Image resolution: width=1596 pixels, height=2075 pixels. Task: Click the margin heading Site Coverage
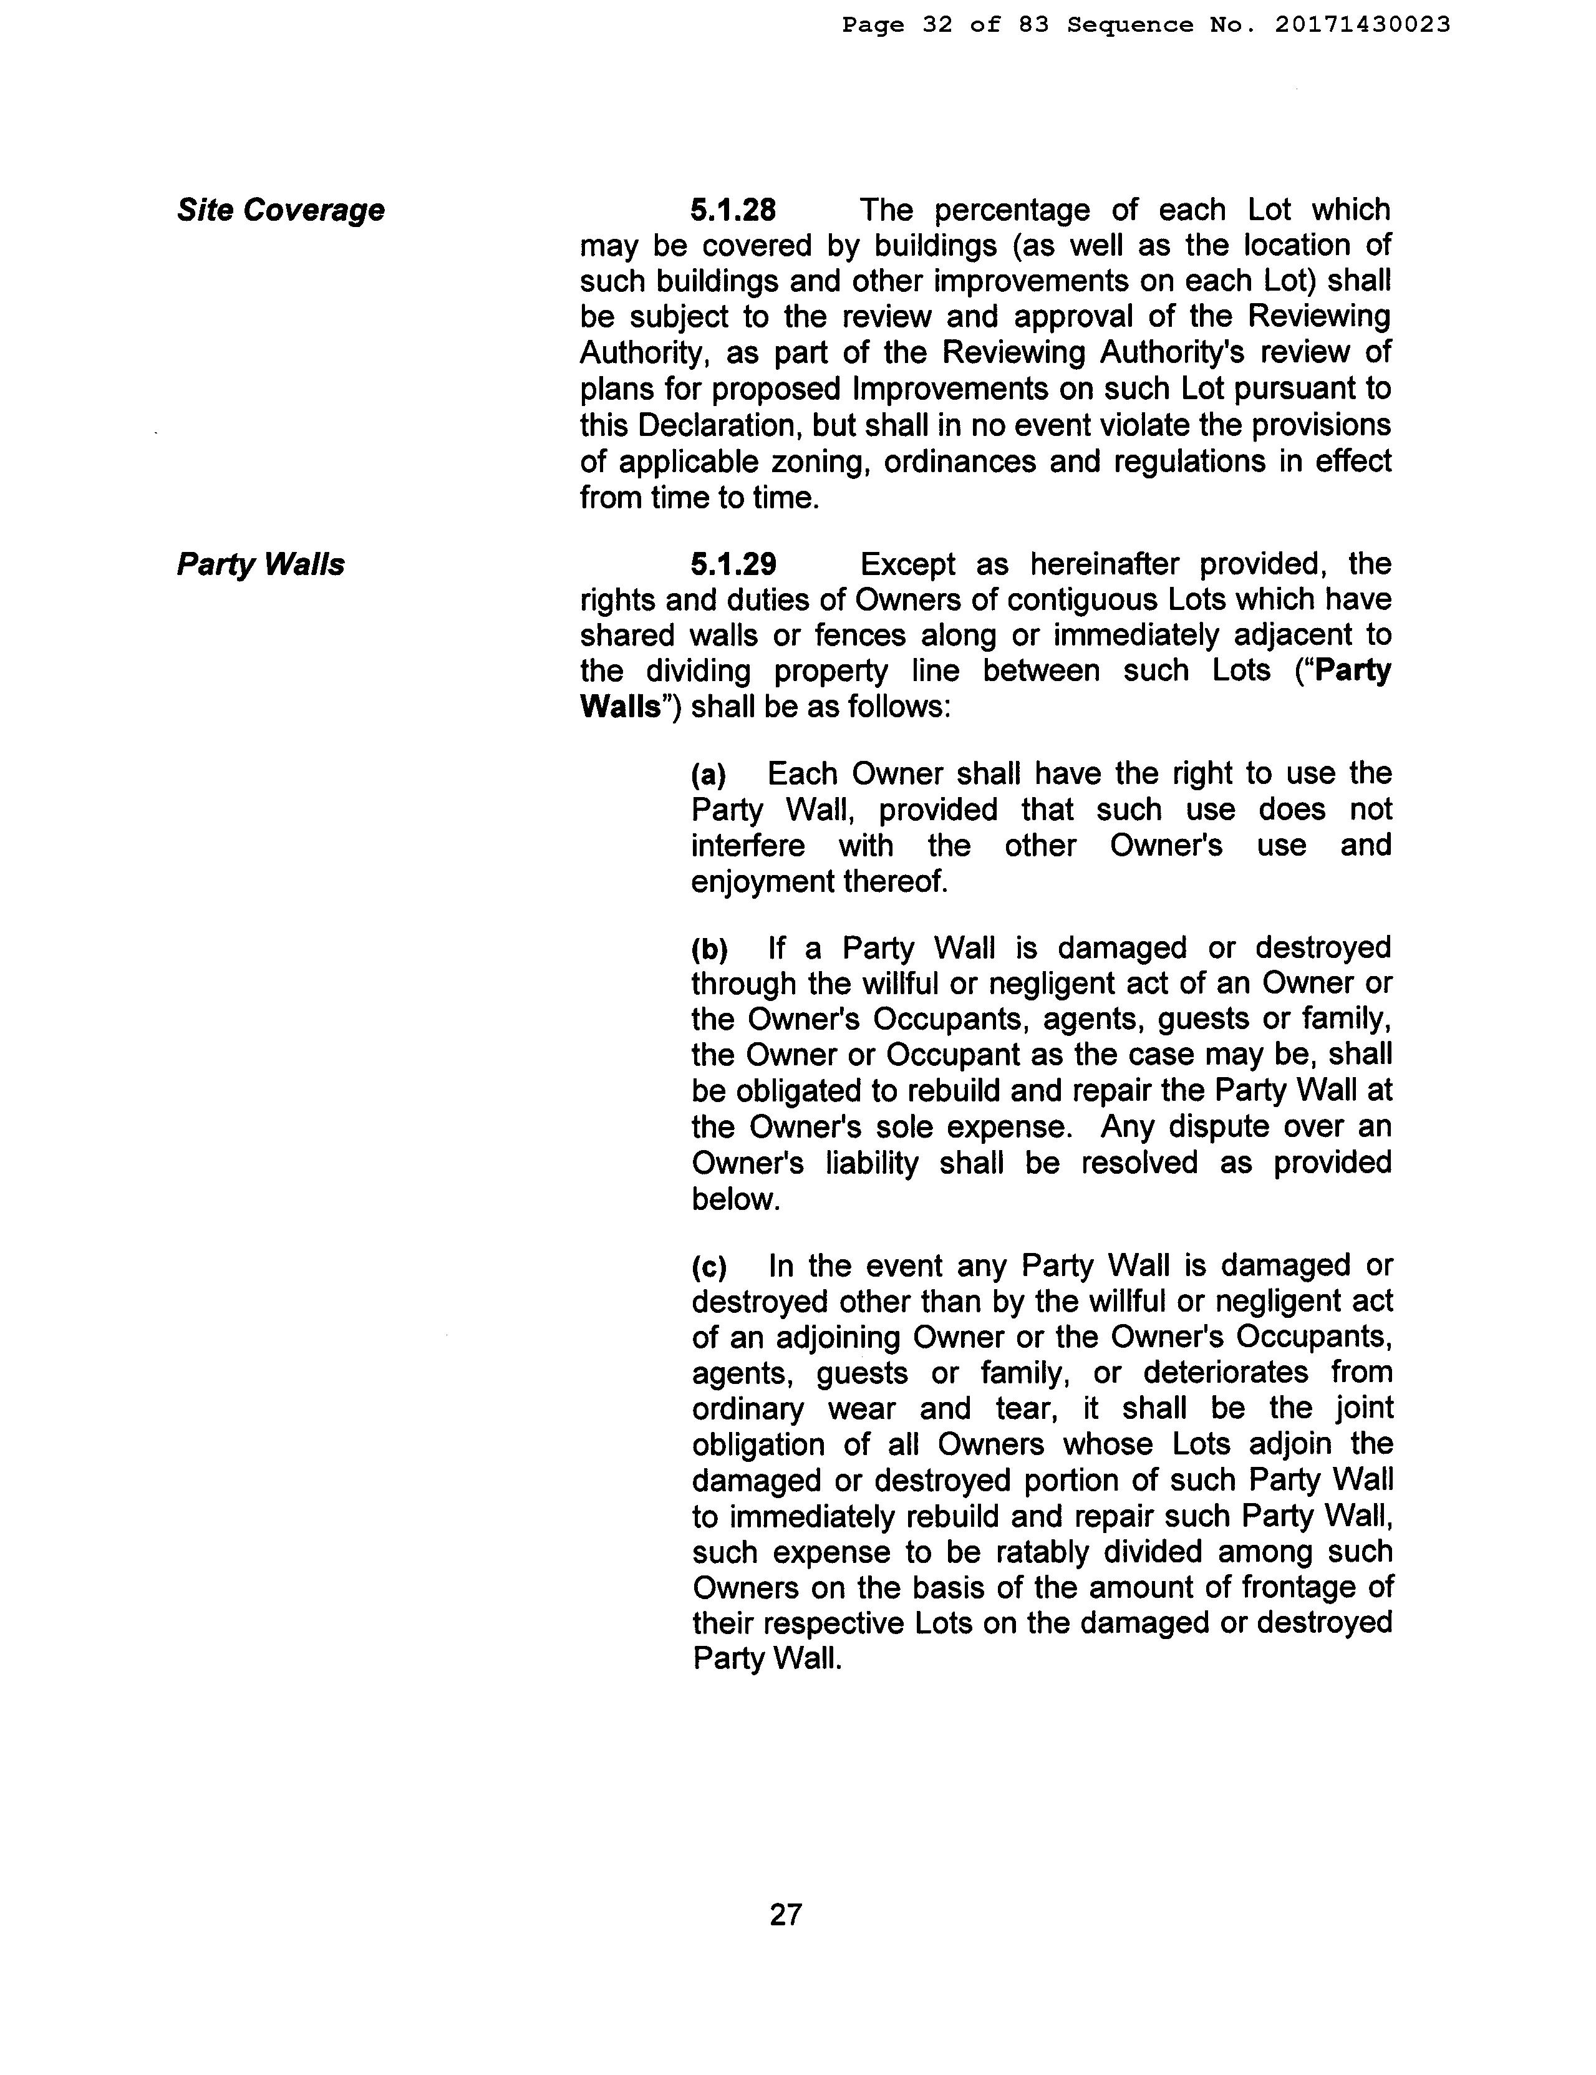tap(280, 210)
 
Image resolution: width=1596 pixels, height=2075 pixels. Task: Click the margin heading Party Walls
tap(260, 564)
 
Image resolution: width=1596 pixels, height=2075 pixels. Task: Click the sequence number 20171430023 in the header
tap(1362, 26)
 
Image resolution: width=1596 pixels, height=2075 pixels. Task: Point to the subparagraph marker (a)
tap(709, 775)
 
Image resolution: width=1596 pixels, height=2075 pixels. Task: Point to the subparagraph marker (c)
tap(709, 1267)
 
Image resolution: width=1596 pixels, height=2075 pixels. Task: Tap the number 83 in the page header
tap(1033, 26)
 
